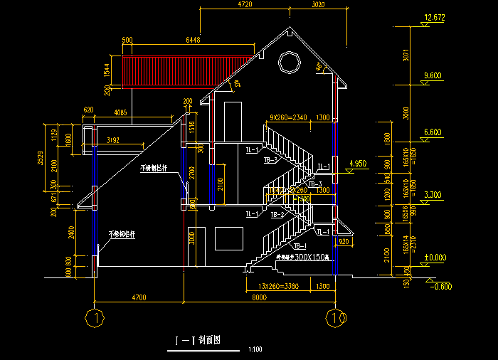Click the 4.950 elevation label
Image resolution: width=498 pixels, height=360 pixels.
point(356,164)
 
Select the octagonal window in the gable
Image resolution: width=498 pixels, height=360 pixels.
point(290,62)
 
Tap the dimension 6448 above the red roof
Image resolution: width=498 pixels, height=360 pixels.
point(192,40)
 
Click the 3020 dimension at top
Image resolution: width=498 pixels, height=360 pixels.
point(318,5)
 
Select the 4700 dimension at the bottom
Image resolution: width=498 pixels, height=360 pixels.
point(139,297)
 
